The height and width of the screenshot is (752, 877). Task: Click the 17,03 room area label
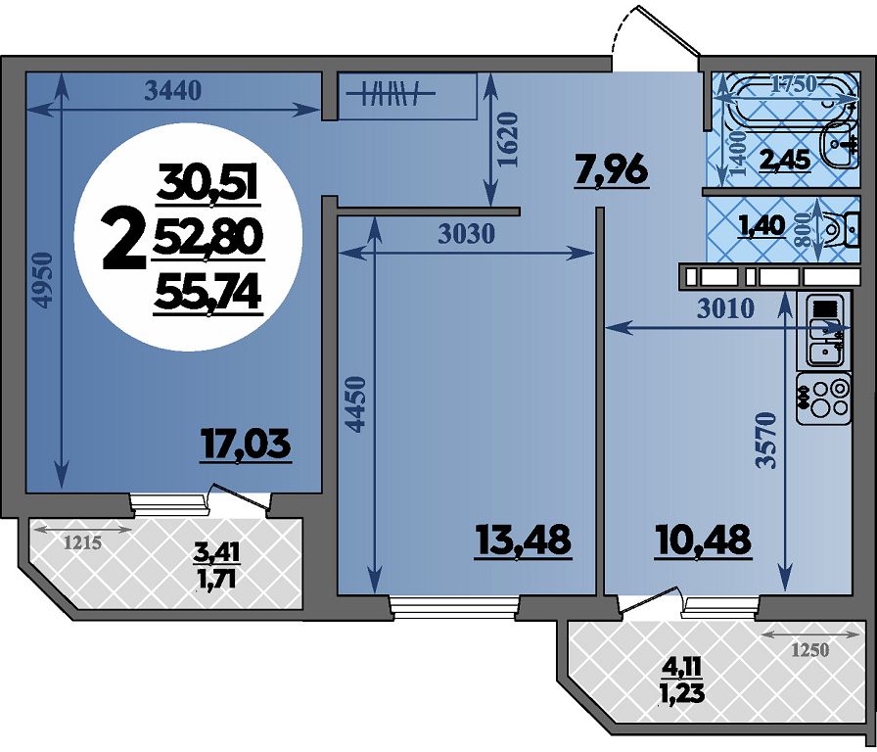click(246, 445)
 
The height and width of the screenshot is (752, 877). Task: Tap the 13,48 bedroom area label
click(524, 540)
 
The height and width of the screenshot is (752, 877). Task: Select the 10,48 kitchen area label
click(702, 540)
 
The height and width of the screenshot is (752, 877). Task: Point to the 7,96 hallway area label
click(611, 170)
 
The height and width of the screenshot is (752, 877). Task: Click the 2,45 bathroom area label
click(785, 161)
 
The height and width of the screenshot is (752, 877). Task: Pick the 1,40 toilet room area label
click(762, 225)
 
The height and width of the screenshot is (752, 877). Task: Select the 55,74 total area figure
click(208, 295)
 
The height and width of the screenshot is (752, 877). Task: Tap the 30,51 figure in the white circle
click(207, 183)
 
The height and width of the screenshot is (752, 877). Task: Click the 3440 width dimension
click(172, 90)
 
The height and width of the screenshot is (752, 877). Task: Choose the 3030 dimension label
click(467, 234)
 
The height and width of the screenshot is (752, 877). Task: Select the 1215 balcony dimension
click(83, 542)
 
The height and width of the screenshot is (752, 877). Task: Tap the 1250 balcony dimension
click(810, 650)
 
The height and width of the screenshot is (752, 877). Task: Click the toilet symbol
click(839, 230)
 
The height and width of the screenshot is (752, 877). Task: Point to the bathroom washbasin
click(839, 143)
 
